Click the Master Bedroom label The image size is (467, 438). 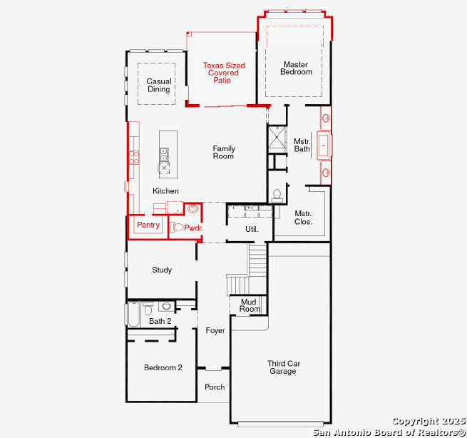point(296,68)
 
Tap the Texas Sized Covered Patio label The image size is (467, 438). point(224,73)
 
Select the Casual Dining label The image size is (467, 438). point(159,85)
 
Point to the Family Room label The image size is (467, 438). point(224,152)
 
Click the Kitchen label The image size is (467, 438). point(165,191)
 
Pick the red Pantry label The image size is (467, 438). point(148,225)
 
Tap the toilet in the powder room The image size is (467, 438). point(177,228)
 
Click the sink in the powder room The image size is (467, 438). point(193,208)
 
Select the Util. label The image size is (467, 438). point(252,229)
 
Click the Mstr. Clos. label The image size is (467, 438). point(303,218)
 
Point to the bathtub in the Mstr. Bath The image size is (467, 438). point(324,146)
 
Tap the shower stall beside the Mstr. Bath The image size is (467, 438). point(277,137)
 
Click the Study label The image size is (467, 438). point(162,270)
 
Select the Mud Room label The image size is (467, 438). point(250,305)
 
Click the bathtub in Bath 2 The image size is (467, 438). point(133,315)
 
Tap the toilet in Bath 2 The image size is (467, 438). point(148,308)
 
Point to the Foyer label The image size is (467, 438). point(215,330)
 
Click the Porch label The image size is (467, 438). point(215,387)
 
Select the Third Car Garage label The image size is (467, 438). point(283,367)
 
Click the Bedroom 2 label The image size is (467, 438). point(163,367)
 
